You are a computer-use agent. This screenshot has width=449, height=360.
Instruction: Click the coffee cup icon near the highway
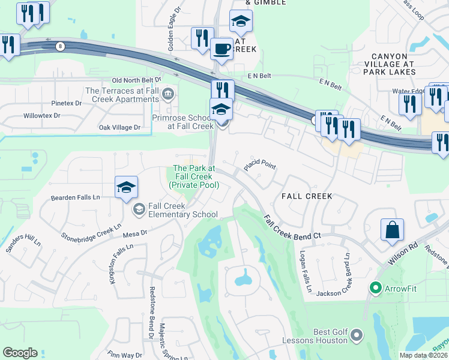point(222,48)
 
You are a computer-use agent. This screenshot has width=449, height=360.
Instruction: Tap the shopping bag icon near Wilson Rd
point(391,229)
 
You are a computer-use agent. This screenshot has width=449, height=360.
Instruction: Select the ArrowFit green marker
point(376,289)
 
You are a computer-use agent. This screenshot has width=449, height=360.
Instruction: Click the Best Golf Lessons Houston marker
point(357,334)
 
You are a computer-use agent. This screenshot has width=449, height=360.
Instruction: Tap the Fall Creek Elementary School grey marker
point(139,209)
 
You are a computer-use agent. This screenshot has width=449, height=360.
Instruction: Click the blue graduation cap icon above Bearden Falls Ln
point(127,187)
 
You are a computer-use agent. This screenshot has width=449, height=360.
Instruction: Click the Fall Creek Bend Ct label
point(293,227)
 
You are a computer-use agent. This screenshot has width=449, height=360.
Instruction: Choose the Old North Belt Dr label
point(137,80)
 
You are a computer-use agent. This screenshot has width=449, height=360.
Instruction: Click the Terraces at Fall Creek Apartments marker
point(168,93)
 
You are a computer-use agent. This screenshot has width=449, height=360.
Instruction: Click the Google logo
point(20,353)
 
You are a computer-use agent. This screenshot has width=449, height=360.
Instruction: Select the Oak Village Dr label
point(119,127)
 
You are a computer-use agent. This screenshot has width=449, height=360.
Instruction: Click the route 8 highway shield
point(59,46)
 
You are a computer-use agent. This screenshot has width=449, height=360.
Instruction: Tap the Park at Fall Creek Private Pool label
point(193,177)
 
